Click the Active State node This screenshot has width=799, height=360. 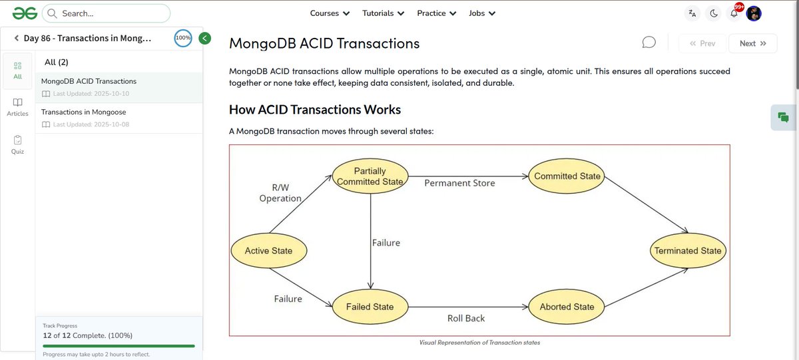coord(268,251)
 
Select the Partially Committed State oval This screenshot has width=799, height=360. coord(370,176)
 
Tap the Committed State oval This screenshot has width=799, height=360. coord(567,176)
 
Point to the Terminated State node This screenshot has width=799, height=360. coord(688,251)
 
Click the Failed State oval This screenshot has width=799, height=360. coord(370,307)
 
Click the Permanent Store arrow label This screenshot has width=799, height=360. coord(459,183)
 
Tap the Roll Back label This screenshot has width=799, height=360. coord(466,319)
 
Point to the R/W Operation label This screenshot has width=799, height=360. coord(280,193)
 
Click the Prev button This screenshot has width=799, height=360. coord(702,43)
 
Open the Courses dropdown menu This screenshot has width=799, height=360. coord(330,13)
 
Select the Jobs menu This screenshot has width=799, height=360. coord(481,13)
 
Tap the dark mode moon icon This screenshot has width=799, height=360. coord(713,13)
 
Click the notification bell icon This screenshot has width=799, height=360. coord(734,14)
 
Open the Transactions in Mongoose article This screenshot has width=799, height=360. coord(84,112)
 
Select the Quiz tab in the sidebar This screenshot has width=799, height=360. coord(17,144)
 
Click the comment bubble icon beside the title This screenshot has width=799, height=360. coord(649,43)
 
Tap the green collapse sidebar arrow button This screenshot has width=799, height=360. coord(205,38)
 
